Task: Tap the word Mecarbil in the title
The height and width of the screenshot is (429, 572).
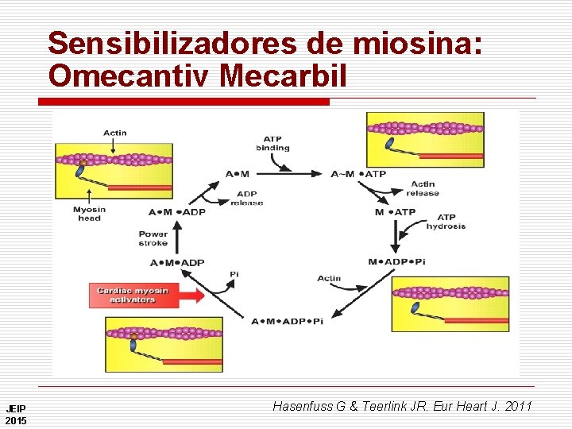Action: pyautogui.click(x=283, y=76)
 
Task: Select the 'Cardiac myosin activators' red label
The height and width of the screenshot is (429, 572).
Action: pyautogui.click(x=133, y=295)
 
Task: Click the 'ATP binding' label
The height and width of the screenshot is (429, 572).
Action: pyautogui.click(x=272, y=143)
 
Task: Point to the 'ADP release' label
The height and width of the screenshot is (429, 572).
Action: pyautogui.click(x=247, y=198)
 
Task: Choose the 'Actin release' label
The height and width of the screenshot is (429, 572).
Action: pyautogui.click(x=423, y=188)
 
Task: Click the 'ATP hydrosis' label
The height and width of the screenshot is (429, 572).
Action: pyautogui.click(x=446, y=222)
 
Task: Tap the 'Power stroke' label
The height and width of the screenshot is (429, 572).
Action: pyautogui.click(x=153, y=238)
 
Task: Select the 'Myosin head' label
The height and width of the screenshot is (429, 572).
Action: pyautogui.click(x=89, y=214)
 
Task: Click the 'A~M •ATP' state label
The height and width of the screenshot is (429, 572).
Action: pyautogui.click(x=358, y=173)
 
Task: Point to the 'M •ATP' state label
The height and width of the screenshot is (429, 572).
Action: pyautogui.click(x=395, y=212)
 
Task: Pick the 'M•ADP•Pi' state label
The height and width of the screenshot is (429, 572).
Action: pyautogui.click(x=397, y=262)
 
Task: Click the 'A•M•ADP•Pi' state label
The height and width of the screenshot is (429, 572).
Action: pyautogui.click(x=288, y=321)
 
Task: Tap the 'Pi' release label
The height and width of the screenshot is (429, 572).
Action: pyautogui.click(x=234, y=274)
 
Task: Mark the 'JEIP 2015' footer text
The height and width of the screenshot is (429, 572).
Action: pyautogui.click(x=16, y=415)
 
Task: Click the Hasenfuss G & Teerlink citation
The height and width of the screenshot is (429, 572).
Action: pyautogui.click(x=402, y=407)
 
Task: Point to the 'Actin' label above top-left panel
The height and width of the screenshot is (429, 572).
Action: pyautogui.click(x=114, y=133)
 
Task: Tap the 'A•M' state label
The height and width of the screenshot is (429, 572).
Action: pyautogui.click(x=237, y=174)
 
